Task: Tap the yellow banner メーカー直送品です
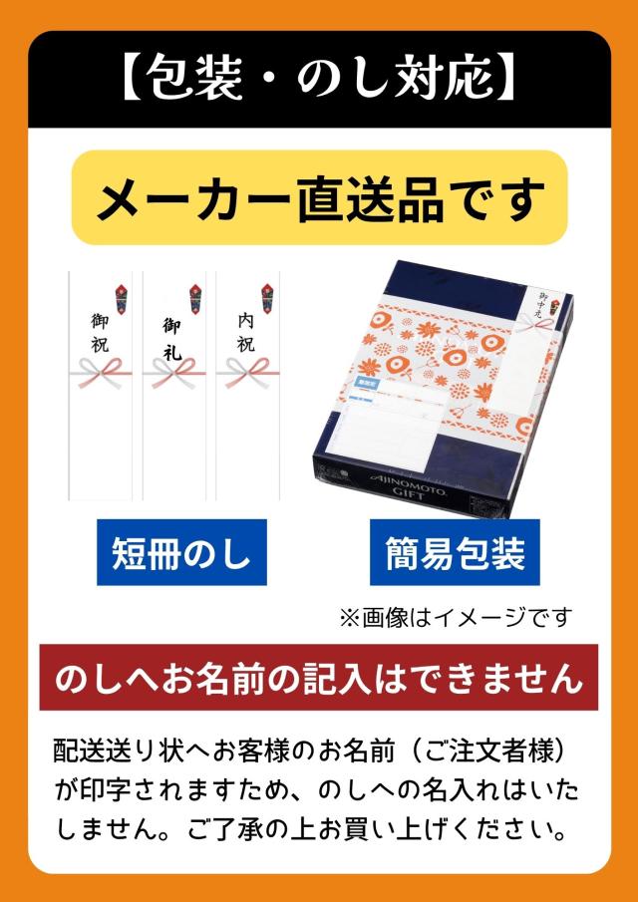click(x=319, y=198)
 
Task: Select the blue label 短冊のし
click(x=181, y=551)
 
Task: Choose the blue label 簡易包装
click(x=454, y=552)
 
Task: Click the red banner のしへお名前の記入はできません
click(x=319, y=678)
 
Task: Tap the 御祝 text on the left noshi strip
click(x=100, y=334)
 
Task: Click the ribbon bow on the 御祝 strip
click(x=104, y=375)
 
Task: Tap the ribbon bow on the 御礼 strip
click(x=175, y=375)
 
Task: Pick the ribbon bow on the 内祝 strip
click(x=246, y=375)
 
